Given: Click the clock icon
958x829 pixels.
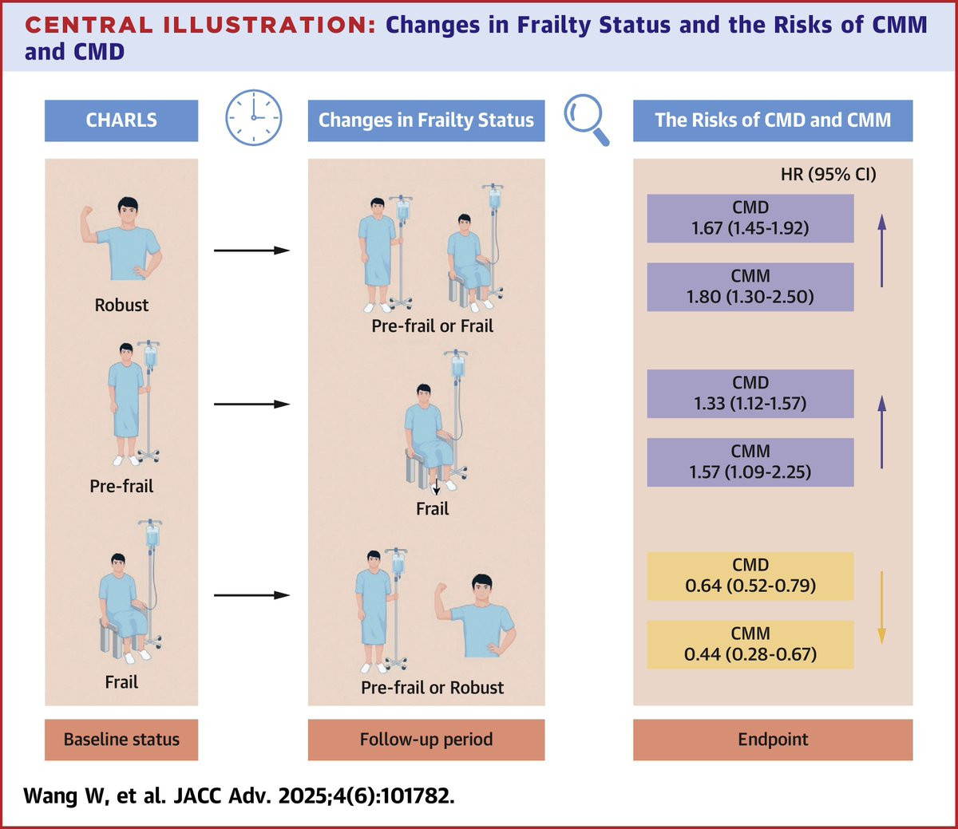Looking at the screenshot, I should (254, 117).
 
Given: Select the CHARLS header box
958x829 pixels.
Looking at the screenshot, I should (121, 120).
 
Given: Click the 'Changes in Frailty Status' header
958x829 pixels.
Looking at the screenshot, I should (426, 120).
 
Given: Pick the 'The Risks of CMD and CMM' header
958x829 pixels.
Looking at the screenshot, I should (772, 120).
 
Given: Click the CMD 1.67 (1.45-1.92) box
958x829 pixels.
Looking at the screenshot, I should (750, 218).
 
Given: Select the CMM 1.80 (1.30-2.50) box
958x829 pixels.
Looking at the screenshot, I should (750, 286).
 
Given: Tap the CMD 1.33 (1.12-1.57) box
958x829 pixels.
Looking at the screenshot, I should (750, 393).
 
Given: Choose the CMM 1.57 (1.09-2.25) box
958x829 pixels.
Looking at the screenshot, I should (750, 462).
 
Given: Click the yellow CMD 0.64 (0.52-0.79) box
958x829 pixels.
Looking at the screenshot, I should (750, 575).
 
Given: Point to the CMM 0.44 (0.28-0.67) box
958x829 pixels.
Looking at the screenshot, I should (750, 644).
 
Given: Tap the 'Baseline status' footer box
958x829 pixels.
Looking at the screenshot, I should (121, 740).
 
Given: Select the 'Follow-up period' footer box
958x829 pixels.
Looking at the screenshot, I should (426, 740).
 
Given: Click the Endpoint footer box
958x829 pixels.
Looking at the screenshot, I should (772, 740).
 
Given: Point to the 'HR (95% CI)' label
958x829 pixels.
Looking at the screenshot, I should (828, 174).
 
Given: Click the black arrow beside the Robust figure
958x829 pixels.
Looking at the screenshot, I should (251, 251).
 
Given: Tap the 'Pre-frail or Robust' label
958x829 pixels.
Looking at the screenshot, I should (432, 688).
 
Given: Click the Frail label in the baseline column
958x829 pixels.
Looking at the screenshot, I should (121, 682).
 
